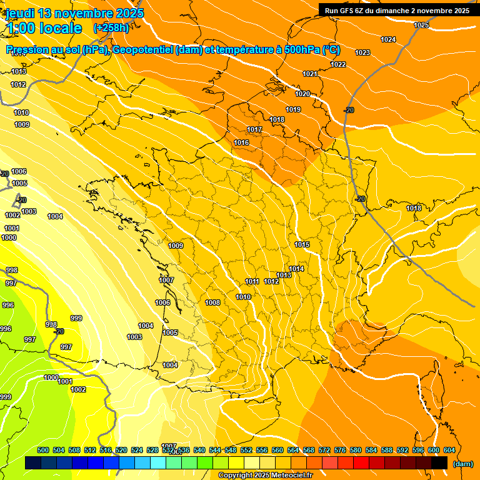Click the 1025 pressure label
[x=421, y=26]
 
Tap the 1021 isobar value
[x=310, y=74]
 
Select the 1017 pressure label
[x=254, y=130]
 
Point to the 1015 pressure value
[x=302, y=244]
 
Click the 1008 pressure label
[x=212, y=303]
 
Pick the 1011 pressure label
[x=252, y=282]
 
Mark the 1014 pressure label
[x=296, y=269]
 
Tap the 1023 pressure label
[x=362, y=53]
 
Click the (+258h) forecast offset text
[x=111, y=28]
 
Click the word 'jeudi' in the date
[x=20, y=13]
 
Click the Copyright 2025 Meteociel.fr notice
[x=265, y=476]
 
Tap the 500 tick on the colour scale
[x=43, y=450]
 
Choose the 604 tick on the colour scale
[x=449, y=450]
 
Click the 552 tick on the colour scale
[x=246, y=450]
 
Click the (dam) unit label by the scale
[x=462, y=464]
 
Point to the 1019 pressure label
[x=293, y=110]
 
